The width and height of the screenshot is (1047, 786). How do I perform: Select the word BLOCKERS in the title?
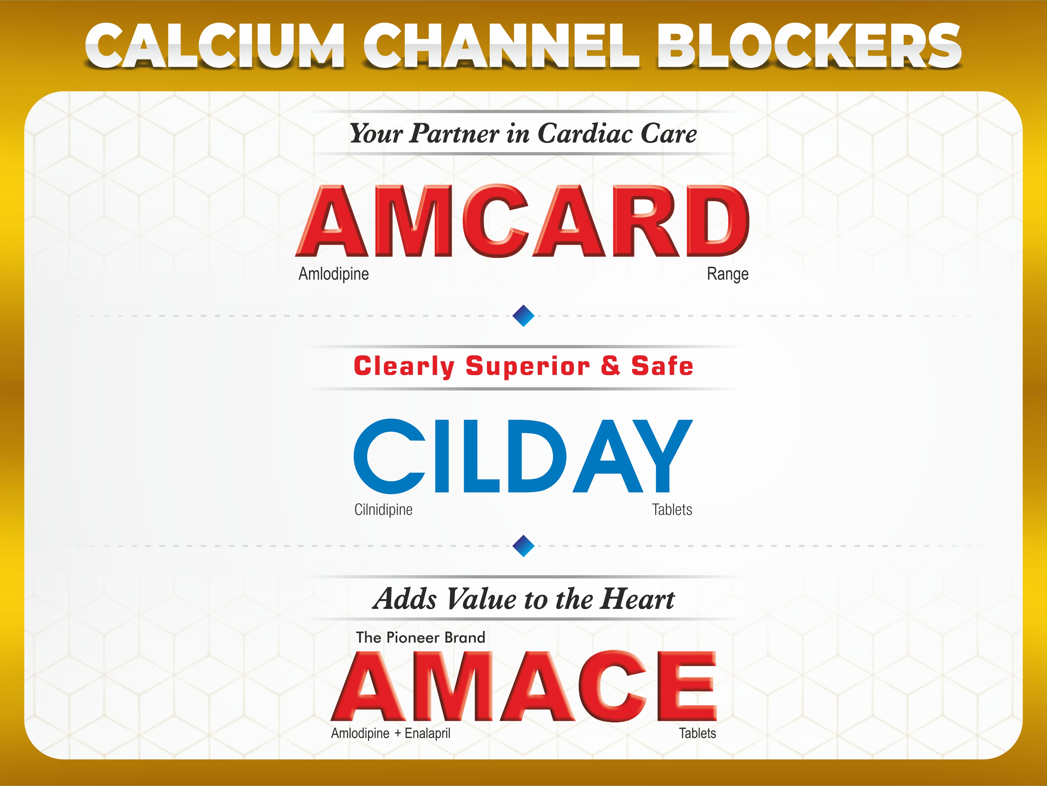pyautogui.click(x=809, y=46)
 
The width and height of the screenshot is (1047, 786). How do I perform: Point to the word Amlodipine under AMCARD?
pyautogui.click(x=334, y=274)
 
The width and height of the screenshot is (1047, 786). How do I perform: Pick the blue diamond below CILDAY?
pyautogui.click(x=523, y=546)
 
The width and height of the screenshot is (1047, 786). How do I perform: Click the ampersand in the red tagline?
pyautogui.click(x=611, y=365)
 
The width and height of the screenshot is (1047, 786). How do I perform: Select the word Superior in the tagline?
pyautogui.click(x=528, y=366)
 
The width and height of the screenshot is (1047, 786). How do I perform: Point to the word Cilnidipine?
pyautogui.click(x=383, y=510)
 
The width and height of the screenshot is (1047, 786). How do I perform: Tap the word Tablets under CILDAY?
pyautogui.click(x=672, y=510)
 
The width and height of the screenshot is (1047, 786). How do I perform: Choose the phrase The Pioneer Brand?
pyautogui.click(x=421, y=637)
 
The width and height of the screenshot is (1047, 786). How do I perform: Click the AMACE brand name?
pyautogui.click(x=524, y=686)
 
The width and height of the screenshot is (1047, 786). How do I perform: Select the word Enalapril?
pyautogui.click(x=427, y=733)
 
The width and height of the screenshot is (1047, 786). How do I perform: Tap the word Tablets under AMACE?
pyautogui.click(x=698, y=733)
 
